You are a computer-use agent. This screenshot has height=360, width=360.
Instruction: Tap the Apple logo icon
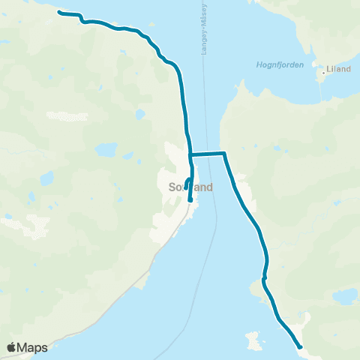coord(11,347)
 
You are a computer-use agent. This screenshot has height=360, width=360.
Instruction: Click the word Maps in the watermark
coord(33,347)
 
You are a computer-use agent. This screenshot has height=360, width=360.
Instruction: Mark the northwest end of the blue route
coord(60,13)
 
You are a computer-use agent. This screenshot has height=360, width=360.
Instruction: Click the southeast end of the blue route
coord(300,346)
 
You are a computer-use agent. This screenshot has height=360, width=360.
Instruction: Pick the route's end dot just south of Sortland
coord(190,200)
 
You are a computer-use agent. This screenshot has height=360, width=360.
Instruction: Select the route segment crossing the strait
coord(207,154)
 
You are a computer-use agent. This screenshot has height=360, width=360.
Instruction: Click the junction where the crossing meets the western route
coord(190,154)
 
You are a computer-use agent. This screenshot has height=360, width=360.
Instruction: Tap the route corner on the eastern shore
coord(224,153)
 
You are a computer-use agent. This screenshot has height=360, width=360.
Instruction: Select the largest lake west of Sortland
coord(105,151)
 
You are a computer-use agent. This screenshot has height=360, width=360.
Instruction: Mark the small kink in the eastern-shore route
coord(264,278)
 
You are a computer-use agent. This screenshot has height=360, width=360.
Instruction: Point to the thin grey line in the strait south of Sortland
coord(197,285)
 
